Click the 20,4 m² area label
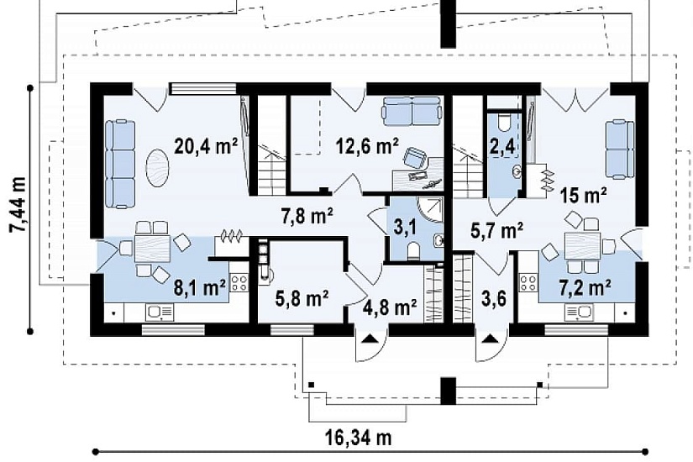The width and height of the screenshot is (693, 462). pyautogui.click(x=206, y=146)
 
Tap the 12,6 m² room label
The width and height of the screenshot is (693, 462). pyautogui.click(x=367, y=146)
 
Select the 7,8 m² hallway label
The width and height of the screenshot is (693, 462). pyautogui.click(x=307, y=217)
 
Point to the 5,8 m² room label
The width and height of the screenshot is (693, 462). pyautogui.click(x=302, y=299)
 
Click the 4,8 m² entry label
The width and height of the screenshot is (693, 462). pyautogui.click(x=390, y=307)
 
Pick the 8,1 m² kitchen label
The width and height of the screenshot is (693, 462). pyautogui.click(x=200, y=288)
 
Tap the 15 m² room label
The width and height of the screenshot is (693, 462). pyautogui.click(x=584, y=195)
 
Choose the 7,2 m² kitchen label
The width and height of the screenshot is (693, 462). pyautogui.click(x=585, y=288)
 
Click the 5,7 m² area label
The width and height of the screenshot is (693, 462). pyautogui.click(x=496, y=230)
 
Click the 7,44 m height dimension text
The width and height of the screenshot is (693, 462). pyautogui.click(x=18, y=204)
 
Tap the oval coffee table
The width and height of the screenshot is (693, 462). pyautogui.click(x=157, y=168)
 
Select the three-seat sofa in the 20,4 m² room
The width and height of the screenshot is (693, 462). pyautogui.click(x=120, y=164)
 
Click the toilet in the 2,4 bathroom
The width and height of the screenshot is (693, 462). pyautogui.click(x=503, y=123)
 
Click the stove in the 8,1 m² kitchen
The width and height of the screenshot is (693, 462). pyautogui.click(x=239, y=283)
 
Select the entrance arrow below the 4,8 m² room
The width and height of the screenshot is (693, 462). pyautogui.click(x=370, y=339)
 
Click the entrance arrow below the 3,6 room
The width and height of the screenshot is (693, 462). pyautogui.click(x=490, y=339)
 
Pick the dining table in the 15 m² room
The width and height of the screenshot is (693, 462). pyautogui.click(x=582, y=246)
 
